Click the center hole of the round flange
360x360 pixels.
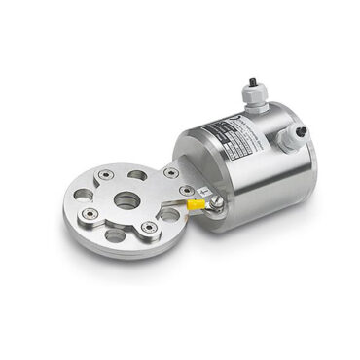(126, 201)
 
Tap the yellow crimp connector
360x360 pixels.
(196, 205)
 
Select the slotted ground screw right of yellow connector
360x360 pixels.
(215, 202)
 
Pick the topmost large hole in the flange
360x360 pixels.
(137, 175)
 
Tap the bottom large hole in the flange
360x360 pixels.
(114, 234)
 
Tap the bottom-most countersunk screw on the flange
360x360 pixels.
(147, 229)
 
